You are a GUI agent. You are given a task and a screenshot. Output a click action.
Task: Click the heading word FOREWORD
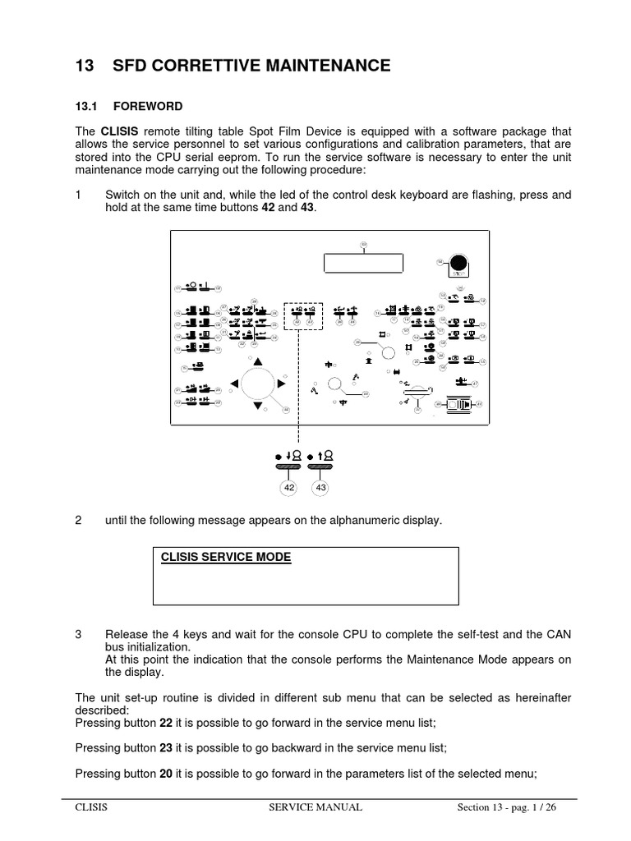pos(147,107)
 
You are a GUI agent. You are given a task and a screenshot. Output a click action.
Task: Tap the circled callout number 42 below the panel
pos(288,487)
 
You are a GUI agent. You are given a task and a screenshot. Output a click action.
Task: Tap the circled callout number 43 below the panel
pos(320,487)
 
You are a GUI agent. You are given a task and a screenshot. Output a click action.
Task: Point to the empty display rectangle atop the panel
pos(364,263)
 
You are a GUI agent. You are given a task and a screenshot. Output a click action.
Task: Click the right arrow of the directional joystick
pos(282,384)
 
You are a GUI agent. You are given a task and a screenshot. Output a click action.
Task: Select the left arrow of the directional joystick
pos(234,383)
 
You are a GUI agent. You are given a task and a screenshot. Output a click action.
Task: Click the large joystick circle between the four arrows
pos(258,384)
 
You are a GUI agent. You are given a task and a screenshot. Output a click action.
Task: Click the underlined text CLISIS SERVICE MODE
pos(226,557)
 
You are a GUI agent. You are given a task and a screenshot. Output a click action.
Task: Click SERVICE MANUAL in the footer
pos(315,807)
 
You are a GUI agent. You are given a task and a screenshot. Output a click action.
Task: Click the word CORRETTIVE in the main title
pos(204,66)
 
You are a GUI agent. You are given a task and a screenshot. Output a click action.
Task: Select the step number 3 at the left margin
pos(78,635)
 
